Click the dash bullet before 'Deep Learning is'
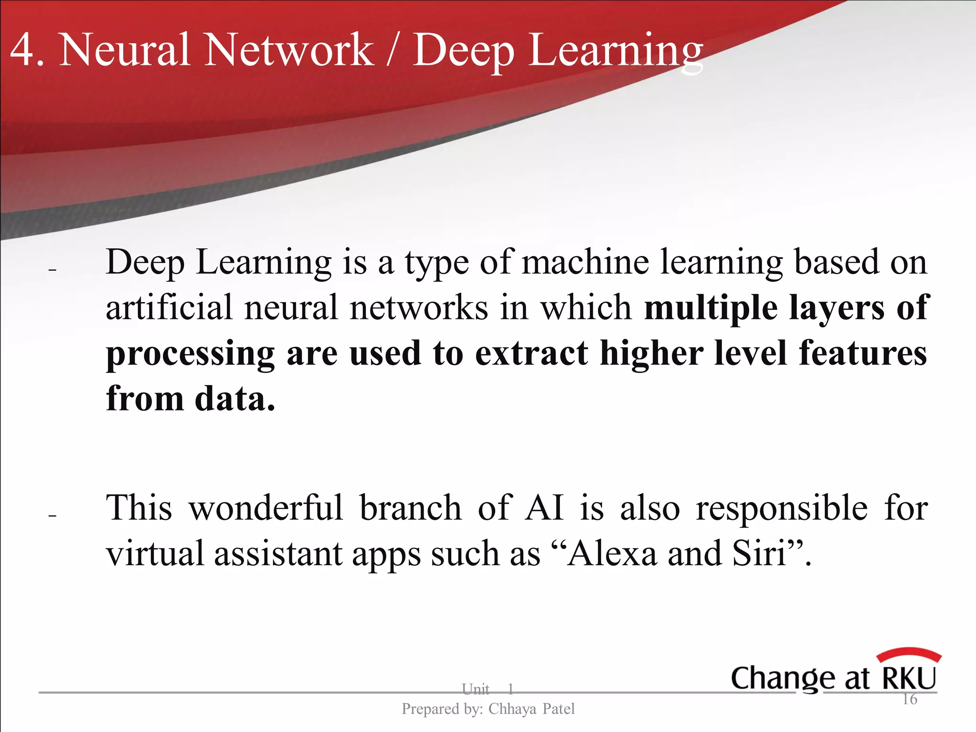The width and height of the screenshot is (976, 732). point(52,270)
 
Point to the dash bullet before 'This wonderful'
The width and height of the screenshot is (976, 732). point(52,516)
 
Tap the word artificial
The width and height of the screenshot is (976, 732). point(169,307)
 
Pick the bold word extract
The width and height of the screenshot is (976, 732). point(531,353)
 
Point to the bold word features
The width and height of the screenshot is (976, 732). point(863,353)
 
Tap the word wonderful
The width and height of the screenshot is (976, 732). point(266,508)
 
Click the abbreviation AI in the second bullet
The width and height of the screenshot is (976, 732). point(544,508)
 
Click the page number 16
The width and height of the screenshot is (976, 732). point(910,699)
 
